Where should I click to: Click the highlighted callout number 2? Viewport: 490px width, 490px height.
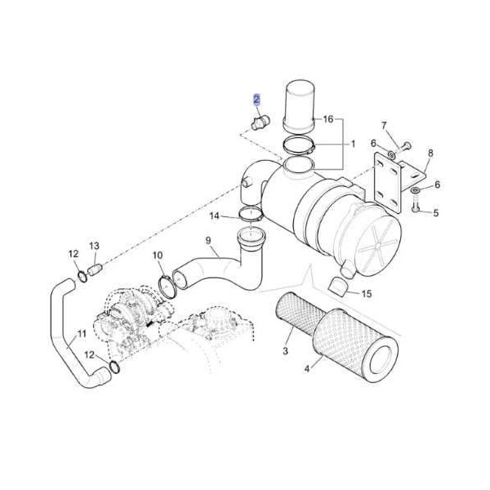point(256,100)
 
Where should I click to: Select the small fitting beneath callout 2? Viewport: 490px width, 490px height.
point(260,122)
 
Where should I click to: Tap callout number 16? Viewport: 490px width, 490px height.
point(328,119)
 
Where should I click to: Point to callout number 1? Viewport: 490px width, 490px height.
point(353,144)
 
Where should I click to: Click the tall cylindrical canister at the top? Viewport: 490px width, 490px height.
point(299,104)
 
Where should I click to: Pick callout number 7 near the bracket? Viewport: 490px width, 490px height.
point(384,125)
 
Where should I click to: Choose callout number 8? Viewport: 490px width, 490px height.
point(430,154)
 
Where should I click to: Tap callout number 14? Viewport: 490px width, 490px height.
point(215,216)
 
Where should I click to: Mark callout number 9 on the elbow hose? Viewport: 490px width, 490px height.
point(208,241)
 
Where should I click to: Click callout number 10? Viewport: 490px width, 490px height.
point(158,256)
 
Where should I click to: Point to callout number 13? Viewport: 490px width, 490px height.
point(94,246)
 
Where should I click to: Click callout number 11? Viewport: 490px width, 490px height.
point(81,333)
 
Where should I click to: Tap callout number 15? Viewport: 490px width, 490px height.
point(366,294)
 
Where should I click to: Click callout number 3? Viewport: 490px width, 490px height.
point(286,351)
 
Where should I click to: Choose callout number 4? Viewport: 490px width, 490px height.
point(307,369)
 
